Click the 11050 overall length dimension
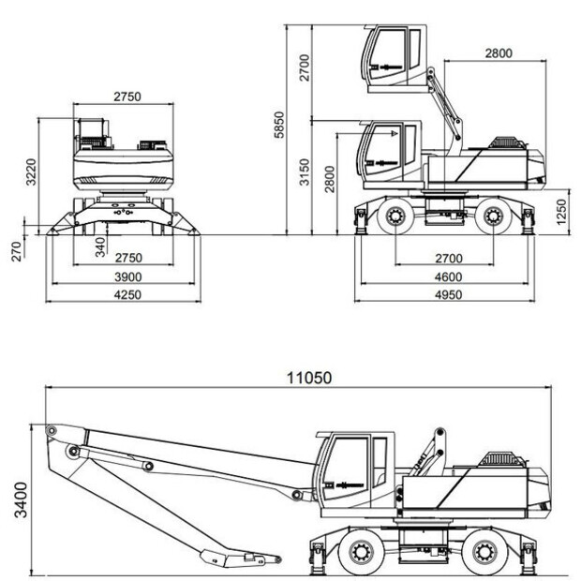click(309, 378)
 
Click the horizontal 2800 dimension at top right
click(498, 52)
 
